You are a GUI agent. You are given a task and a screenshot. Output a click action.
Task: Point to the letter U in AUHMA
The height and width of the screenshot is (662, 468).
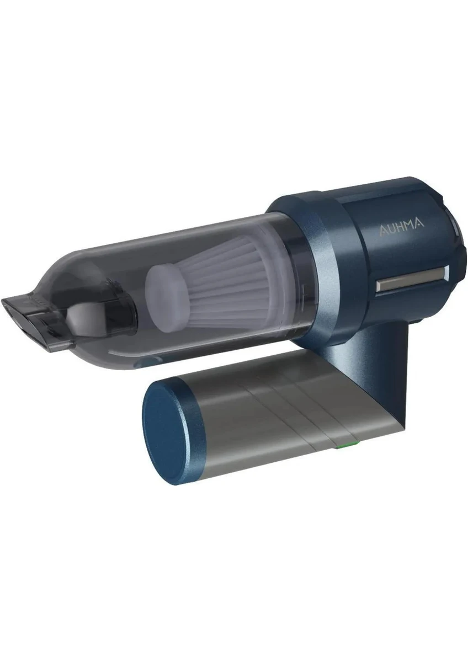point(391,227)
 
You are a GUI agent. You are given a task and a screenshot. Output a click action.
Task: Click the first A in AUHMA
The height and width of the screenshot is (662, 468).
point(382,228)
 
